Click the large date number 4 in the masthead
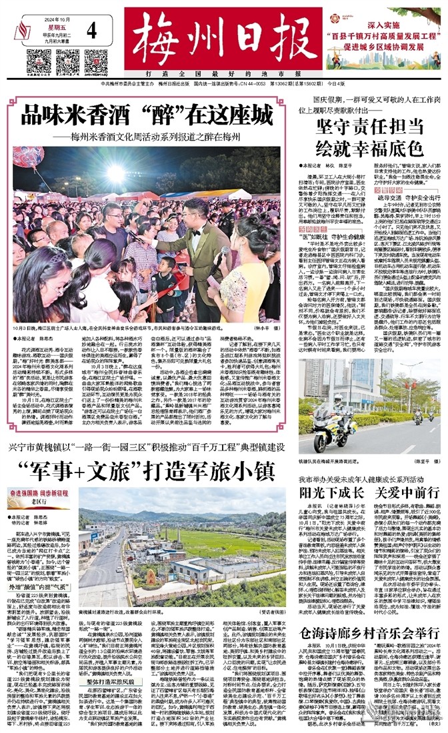tap(91, 30)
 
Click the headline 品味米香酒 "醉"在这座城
tap(147, 115)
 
